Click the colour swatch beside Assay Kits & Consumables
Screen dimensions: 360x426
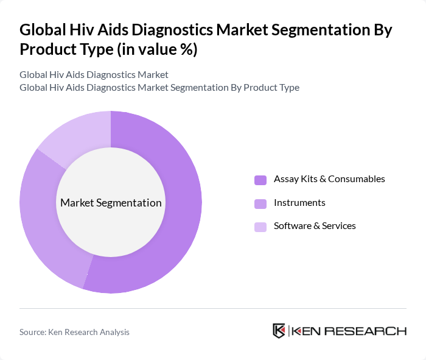[x=260, y=180]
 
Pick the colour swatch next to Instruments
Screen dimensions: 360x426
[x=260, y=203]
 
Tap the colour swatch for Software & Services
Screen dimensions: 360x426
[x=260, y=227]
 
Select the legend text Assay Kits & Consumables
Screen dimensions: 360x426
[x=329, y=179]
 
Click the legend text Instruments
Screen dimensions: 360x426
[x=299, y=202]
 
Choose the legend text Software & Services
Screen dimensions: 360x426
[x=315, y=225]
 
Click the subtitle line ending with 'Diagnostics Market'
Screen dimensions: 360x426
[x=94, y=74]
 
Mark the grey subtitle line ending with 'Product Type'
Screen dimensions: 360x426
[x=159, y=87]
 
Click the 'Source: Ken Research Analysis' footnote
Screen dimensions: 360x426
[x=74, y=332]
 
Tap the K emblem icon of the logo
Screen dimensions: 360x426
[x=279, y=331]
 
